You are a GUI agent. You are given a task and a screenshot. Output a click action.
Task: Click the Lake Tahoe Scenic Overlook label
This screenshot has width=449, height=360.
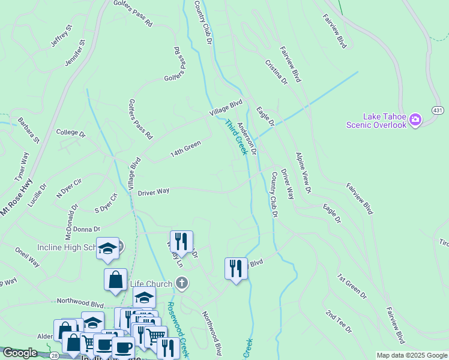(376, 121)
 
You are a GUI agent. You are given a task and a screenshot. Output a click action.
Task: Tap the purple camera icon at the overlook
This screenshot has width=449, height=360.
(415, 121)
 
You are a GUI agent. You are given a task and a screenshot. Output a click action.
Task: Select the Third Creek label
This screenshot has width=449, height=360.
(237, 137)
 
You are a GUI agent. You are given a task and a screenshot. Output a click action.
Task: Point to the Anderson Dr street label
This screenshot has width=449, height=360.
(247, 139)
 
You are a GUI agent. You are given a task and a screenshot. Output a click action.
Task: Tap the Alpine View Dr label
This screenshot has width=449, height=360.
(303, 172)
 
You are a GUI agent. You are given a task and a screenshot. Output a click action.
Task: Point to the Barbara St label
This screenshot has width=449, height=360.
(28, 130)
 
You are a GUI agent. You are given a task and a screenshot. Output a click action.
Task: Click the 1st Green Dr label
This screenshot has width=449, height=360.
(352, 286)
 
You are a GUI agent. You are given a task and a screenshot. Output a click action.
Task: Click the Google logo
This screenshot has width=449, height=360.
(19, 353)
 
